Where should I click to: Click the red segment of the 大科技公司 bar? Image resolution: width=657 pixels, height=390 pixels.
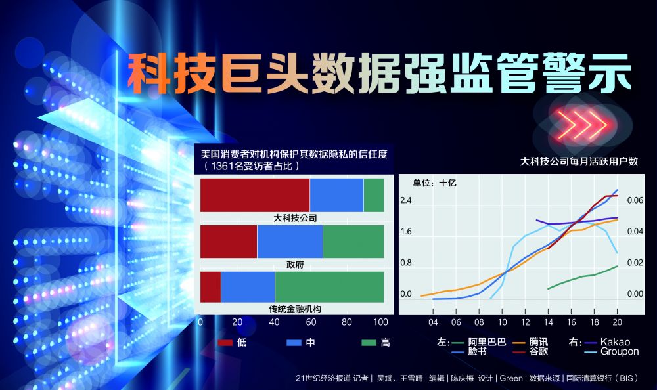coord(255,195)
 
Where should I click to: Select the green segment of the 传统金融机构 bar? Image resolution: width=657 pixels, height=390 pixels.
coord(329,287)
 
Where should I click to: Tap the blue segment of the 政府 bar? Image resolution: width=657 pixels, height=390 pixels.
coord(290,242)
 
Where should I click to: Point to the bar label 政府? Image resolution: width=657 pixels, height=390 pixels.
coord(295,265)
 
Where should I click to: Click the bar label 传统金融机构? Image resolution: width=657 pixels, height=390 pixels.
coord(295,309)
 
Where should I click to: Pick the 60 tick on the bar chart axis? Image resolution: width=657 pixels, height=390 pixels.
coord(311,322)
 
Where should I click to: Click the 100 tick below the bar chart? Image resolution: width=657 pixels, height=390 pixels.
coord(380,322)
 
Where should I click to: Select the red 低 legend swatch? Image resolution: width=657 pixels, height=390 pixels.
coord(225,343)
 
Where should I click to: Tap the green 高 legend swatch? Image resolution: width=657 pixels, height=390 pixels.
coord(369,343)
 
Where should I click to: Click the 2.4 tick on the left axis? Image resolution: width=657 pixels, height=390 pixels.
coord(405,200)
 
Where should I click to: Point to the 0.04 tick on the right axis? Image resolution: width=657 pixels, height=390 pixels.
coord(635,231)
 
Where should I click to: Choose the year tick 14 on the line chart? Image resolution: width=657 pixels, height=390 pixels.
coord(548,322)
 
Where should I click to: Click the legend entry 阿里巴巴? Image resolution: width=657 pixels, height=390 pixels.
coord(487,342)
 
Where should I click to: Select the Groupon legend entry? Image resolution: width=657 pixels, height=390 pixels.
coord(620,351)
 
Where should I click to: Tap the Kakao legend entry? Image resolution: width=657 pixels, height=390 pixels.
coord(615,342)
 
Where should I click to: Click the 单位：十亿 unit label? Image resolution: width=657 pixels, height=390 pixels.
coord(434,183)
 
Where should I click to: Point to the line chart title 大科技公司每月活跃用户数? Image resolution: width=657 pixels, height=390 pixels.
coord(579,162)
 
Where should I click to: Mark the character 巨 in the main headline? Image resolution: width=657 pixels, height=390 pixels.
coord(242,73)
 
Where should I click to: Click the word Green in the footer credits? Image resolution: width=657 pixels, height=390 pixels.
coord(510,378)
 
